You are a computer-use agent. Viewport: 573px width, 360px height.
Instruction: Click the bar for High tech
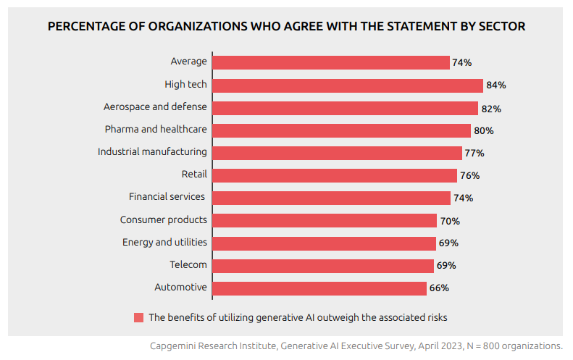click(x=347, y=85)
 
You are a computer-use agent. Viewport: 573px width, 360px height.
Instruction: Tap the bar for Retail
click(x=334, y=175)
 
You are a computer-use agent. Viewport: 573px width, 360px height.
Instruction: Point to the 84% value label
click(x=496, y=85)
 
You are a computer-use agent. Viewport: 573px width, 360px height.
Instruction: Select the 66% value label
click(x=439, y=288)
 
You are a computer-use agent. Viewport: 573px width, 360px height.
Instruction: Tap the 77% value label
click(x=474, y=153)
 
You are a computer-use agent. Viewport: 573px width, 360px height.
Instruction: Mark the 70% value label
click(x=450, y=221)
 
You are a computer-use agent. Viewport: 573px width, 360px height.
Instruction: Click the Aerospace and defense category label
click(x=155, y=106)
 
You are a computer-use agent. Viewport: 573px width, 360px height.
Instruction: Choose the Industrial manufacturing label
click(x=152, y=152)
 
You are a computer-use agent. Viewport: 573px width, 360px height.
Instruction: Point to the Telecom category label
click(x=188, y=264)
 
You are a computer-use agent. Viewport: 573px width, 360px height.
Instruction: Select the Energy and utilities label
click(x=164, y=242)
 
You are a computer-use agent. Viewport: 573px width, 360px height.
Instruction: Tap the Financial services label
click(x=167, y=196)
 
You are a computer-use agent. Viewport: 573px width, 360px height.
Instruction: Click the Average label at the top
click(x=188, y=62)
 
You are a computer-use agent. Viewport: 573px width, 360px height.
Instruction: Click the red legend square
click(x=138, y=317)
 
